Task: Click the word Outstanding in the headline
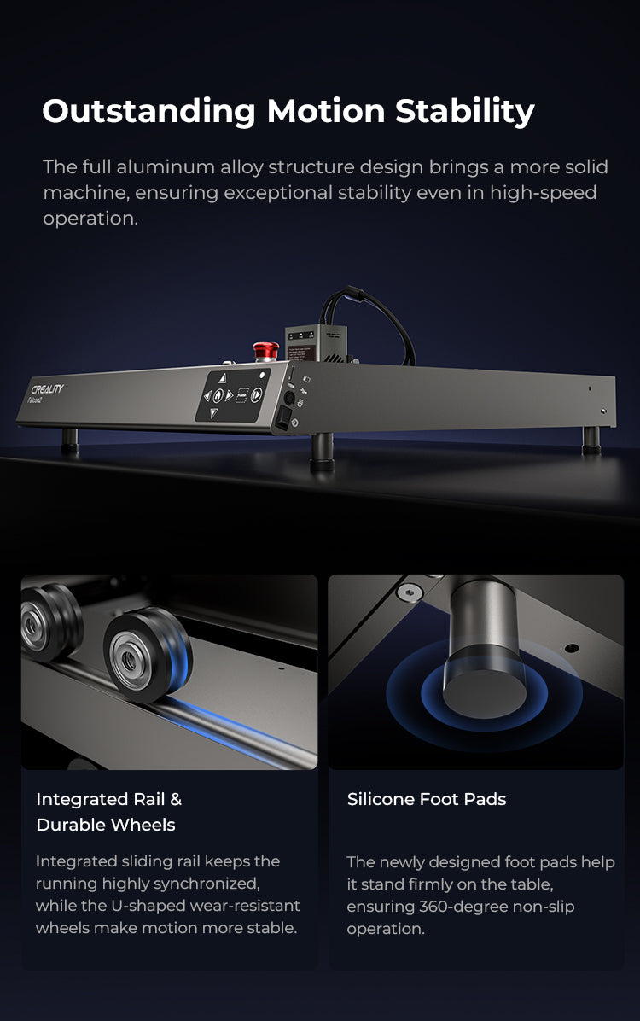[148, 112]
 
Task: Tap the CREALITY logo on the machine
[47, 390]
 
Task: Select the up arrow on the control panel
[222, 376]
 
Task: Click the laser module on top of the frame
[314, 343]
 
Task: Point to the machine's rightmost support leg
[591, 439]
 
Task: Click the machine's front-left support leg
[69, 440]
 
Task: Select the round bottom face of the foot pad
[484, 691]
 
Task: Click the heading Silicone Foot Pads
[427, 800]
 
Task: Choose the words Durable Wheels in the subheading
[106, 825]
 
